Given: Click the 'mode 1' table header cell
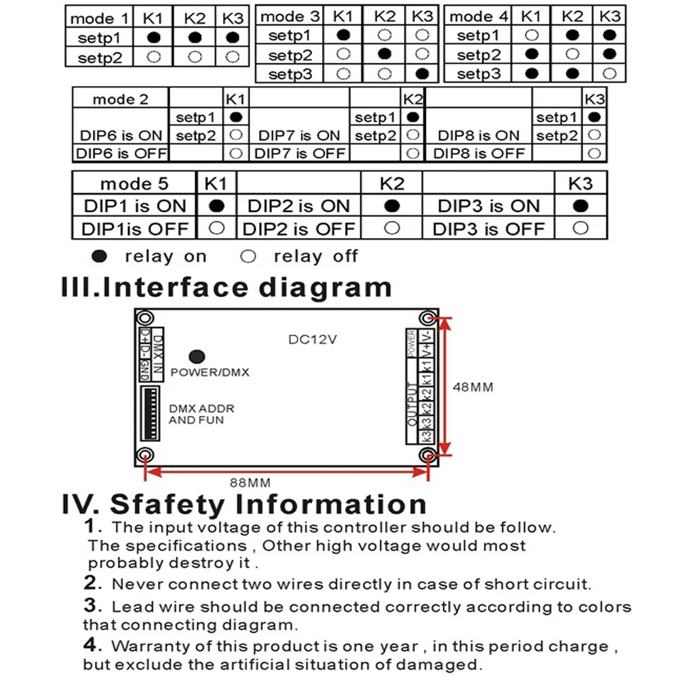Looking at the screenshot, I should coord(98,18).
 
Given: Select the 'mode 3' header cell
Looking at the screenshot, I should coord(290,16).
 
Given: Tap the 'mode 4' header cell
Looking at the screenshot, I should coord(479,16).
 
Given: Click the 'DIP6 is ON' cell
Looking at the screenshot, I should coord(121,135).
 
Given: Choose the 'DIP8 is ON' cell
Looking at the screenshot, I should coord(479,135).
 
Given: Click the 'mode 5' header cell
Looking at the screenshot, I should coord(134,184).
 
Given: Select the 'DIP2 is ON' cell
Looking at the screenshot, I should coord(298,206).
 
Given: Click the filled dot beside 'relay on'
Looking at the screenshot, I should coord(100,256).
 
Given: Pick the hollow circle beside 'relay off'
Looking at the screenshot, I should coord(249,256).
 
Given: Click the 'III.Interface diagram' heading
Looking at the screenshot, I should coord(226,287).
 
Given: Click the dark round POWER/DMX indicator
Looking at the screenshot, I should coord(197,357).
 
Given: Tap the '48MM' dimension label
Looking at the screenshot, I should coord(473,387).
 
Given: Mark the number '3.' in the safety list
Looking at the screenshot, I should coord(93,605).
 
